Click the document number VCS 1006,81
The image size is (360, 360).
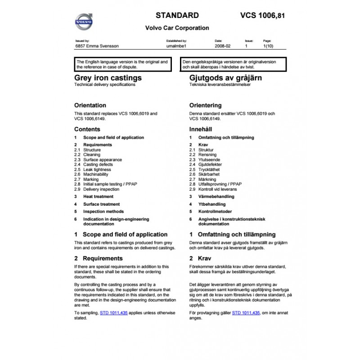(263, 16)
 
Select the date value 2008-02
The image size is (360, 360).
(222, 46)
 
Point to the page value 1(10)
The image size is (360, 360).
(268, 46)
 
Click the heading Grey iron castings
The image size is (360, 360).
(108, 78)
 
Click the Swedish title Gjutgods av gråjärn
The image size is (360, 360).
(226, 78)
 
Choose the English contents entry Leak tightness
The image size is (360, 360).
(97, 170)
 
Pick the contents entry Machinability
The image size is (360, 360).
(96, 175)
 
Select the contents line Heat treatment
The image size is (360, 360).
(98, 197)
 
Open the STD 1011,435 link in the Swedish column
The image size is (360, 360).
(246, 312)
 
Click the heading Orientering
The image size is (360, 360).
(208, 105)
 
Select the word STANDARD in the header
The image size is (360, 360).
(177, 15)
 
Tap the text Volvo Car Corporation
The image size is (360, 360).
(177, 28)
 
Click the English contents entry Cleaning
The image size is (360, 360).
(92, 155)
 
